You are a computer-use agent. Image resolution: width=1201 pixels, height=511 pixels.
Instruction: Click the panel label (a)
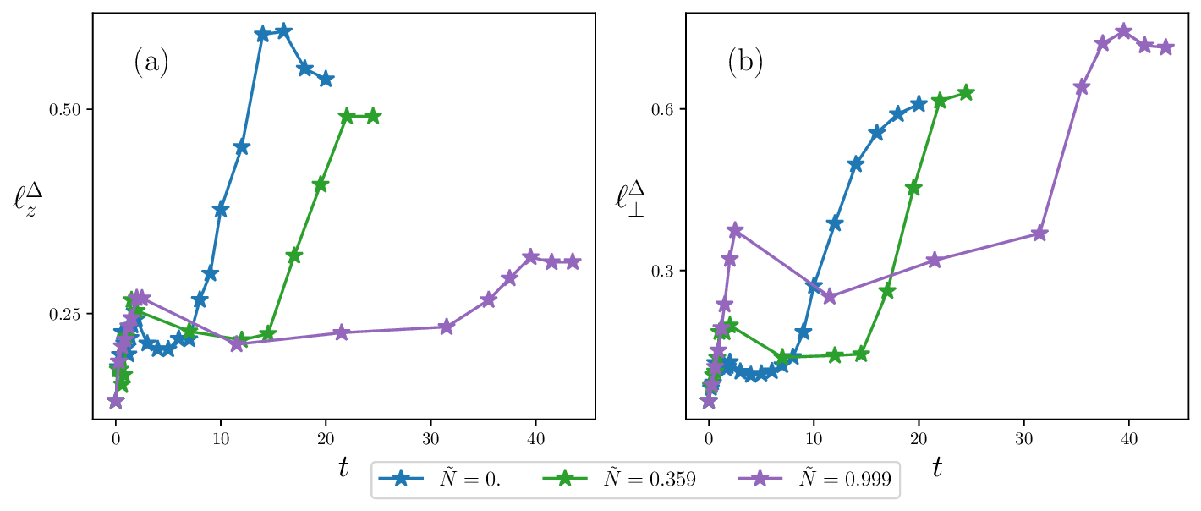151,63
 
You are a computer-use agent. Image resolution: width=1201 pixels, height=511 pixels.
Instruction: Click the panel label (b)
745,63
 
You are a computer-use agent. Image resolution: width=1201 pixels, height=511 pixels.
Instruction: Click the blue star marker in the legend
402,479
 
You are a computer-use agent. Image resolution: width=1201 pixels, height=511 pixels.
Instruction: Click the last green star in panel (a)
373,116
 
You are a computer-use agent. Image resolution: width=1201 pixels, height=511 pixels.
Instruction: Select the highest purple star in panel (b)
1124,31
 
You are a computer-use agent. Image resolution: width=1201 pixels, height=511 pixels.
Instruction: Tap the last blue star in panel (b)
919,104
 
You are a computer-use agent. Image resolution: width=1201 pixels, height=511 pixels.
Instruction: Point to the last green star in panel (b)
966,92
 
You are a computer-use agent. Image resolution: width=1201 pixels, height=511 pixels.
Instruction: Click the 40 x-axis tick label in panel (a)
536,439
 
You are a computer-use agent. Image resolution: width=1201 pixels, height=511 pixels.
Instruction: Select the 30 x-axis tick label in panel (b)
1024,439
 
